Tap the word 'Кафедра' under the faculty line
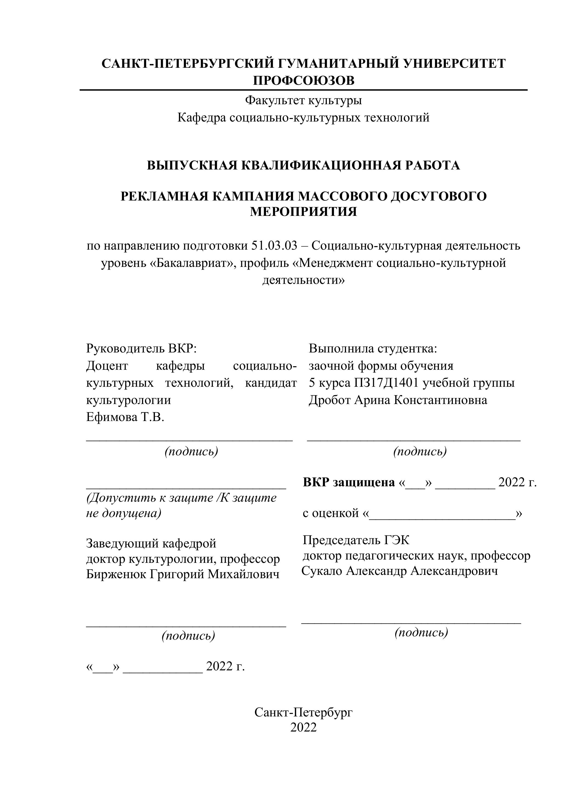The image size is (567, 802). pyautogui.click(x=202, y=118)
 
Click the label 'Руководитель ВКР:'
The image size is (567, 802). pyautogui.click(x=141, y=348)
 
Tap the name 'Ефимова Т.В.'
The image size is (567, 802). pyautogui.click(x=125, y=417)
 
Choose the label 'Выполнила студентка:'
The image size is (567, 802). pyautogui.click(x=373, y=348)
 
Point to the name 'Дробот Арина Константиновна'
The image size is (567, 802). pyautogui.click(x=398, y=400)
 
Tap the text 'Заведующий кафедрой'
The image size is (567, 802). pyautogui.click(x=151, y=544)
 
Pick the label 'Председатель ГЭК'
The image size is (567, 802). pyautogui.click(x=356, y=540)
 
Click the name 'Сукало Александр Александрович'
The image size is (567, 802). pyautogui.click(x=399, y=571)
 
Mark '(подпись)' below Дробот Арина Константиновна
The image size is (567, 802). pyautogui.click(x=420, y=452)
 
